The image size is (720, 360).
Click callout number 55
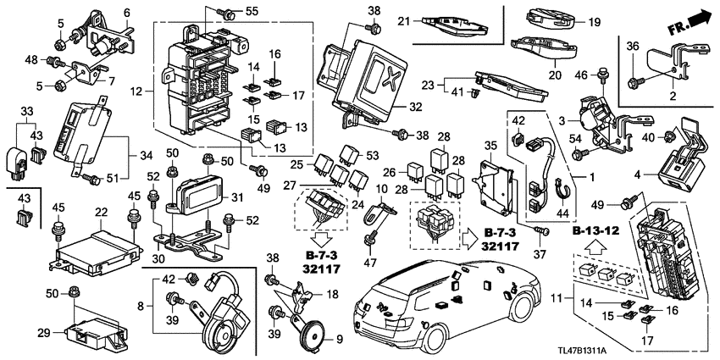251,11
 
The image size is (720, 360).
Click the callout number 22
100,211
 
